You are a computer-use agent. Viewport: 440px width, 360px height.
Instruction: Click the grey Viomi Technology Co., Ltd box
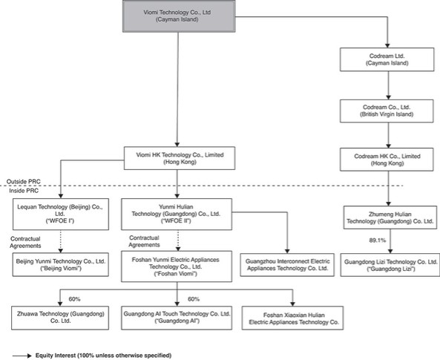click(179, 16)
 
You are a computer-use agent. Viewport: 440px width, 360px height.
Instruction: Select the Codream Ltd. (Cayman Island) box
click(387, 59)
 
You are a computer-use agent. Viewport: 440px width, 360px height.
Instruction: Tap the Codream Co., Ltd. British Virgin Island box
click(387, 111)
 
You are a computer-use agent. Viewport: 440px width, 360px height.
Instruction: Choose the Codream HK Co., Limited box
click(387, 160)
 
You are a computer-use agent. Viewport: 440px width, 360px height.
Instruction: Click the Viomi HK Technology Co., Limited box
click(180, 158)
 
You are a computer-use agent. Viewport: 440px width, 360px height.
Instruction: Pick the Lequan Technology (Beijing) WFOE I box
click(61, 215)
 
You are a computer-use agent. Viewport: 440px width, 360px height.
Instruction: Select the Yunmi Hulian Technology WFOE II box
click(177, 215)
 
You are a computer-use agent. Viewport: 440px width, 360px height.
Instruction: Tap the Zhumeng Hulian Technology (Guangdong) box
click(390, 217)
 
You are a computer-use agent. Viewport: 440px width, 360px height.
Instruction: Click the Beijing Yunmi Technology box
click(61, 264)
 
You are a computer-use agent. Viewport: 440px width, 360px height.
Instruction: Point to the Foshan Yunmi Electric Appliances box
click(177, 266)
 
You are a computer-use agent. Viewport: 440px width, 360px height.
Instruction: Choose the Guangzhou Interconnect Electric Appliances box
click(287, 265)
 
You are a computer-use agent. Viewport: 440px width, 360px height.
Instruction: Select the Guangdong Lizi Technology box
click(390, 265)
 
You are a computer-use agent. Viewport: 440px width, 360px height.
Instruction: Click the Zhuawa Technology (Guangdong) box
click(60, 318)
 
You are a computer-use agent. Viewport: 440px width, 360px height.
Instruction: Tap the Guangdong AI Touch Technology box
click(177, 318)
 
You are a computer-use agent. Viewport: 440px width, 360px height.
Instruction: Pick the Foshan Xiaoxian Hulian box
click(292, 318)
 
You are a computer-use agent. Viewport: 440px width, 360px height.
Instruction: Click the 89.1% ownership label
click(377, 240)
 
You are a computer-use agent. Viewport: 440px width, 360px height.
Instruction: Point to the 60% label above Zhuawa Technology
click(74, 299)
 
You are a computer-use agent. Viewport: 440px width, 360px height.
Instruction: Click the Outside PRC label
click(24, 182)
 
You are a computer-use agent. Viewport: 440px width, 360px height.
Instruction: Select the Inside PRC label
click(24, 191)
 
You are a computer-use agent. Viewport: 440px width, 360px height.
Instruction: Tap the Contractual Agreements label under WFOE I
click(25, 242)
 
